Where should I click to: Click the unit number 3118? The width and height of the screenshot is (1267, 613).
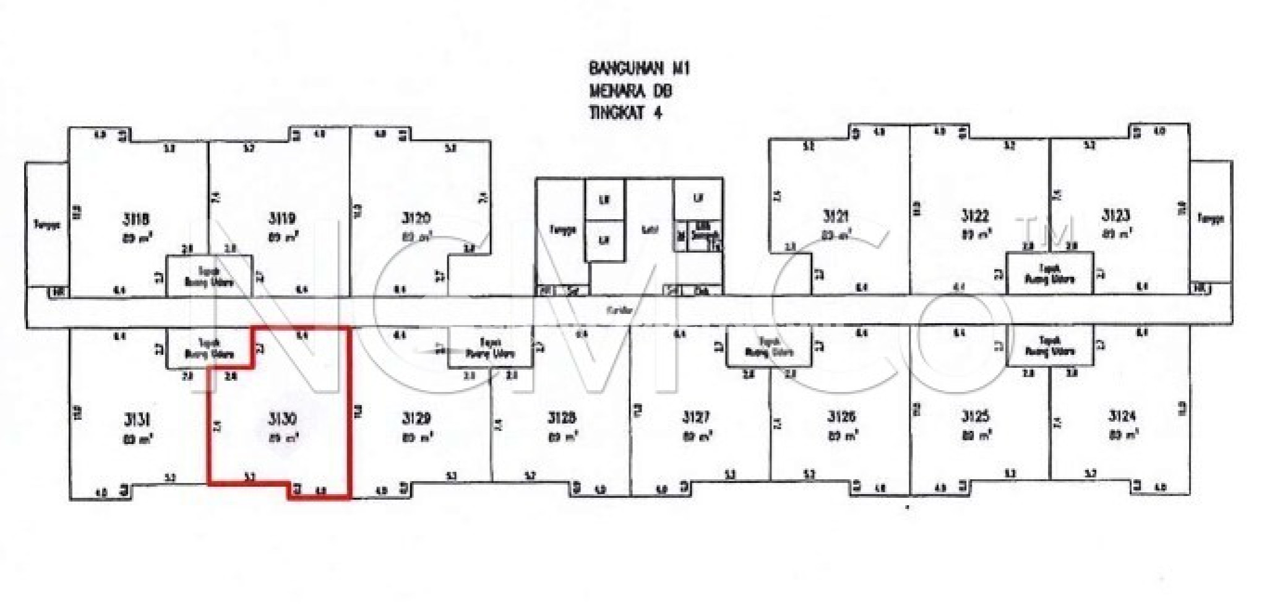(x=137, y=219)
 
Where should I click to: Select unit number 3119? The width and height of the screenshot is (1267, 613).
(x=281, y=218)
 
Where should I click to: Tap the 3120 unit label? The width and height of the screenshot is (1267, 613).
(x=416, y=218)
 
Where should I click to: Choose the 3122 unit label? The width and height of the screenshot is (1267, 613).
(x=975, y=216)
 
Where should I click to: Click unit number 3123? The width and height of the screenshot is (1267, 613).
(x=1115, y=215)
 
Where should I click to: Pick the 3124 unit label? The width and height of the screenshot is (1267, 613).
(x=1122, y=416)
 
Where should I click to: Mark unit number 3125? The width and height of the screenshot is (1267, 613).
(x=976, y=416)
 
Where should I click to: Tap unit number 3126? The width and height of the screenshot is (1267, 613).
(x=841, y=416)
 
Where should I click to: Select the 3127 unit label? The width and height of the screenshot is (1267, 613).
(x=696, y=417)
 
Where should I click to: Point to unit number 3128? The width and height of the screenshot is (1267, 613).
(x=562, y=418)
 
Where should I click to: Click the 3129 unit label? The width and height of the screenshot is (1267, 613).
(x=416, y=419)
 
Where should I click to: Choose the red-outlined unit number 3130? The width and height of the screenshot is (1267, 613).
(x=281, y=419)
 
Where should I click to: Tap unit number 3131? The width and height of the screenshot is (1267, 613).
(x=137, y=420)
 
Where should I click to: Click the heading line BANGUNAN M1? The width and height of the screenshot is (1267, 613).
(x=639, y=68)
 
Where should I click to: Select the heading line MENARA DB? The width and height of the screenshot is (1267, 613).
(x=630, y=91)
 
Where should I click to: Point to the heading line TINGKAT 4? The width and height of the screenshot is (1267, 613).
(x=625, y=114)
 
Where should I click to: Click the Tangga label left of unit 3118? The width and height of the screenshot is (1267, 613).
(x=47, y=225)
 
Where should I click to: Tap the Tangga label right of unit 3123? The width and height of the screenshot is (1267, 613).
(x=1211, y=219)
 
